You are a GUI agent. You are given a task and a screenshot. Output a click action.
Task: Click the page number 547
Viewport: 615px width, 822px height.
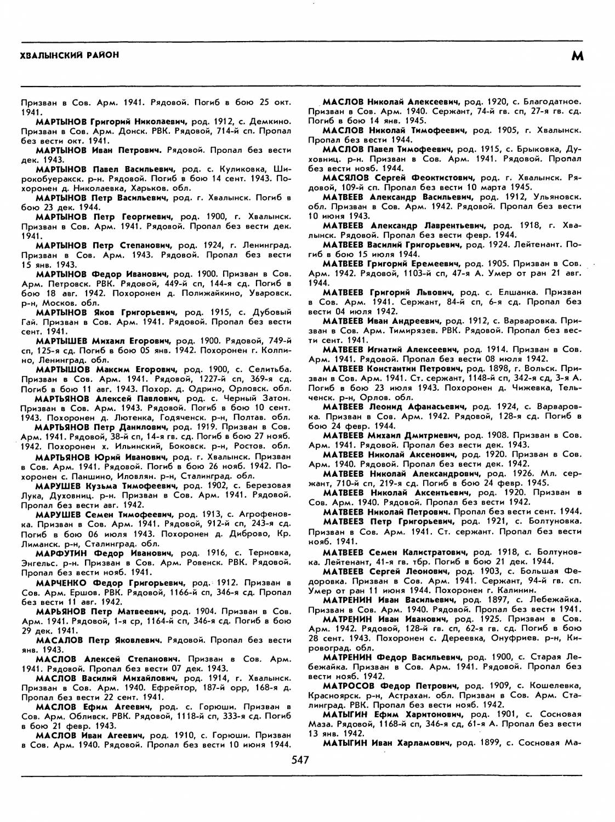301,760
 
